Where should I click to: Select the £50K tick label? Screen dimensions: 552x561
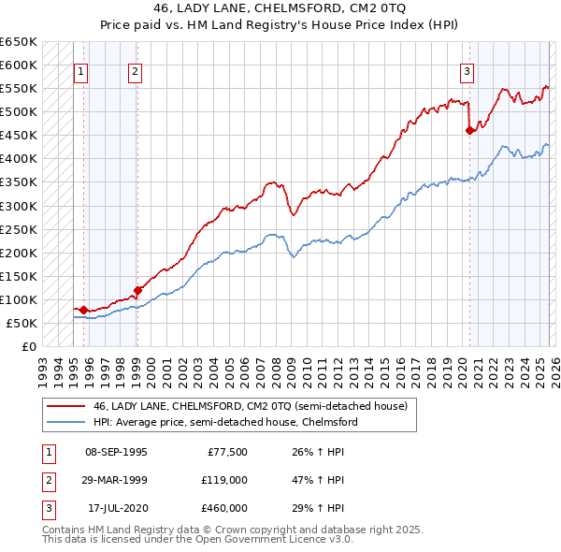click(x=22, y=323)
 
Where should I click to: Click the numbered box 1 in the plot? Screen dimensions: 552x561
click(x=80, y=70)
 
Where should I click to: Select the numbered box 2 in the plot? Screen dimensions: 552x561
click(x=135, y=70)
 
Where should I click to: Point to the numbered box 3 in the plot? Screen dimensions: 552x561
click(x=467, y=70)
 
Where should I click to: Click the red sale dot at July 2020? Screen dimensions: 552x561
click(x=469, y=131)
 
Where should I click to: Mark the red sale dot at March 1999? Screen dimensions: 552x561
click(x=137, y=290)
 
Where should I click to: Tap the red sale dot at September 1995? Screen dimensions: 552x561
click(x=83, y=310)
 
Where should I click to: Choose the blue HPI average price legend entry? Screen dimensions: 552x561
click(x=224, y=422)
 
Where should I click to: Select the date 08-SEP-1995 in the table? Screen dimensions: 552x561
click(x=116, y=452)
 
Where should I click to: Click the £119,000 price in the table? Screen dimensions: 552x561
click(x=224, y=480)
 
